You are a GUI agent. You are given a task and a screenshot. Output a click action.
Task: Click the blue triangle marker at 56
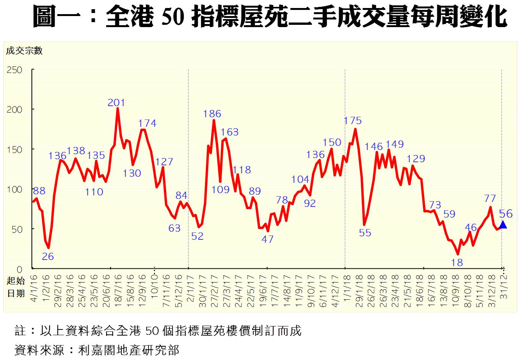(503, 224)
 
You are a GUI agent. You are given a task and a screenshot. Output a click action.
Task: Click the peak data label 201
(116, 103)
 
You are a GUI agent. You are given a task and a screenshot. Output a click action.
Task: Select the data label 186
(212, 114)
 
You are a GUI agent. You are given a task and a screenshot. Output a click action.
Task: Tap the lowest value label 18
(457, 263)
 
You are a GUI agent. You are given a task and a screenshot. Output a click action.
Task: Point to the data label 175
(352, 121)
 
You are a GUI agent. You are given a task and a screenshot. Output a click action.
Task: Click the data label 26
(48, 257)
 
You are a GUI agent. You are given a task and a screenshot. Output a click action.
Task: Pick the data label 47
(267, 239)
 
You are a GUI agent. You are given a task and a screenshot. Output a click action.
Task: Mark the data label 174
(147, 123)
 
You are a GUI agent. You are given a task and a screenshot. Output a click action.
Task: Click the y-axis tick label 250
(15, 70)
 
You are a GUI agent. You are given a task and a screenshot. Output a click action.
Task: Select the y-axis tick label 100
(15, 189)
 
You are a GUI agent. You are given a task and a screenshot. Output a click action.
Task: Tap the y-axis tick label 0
(19, 269)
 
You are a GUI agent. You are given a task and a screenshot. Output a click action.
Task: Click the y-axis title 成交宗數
(24, 51)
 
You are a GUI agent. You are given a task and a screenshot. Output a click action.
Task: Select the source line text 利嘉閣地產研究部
(128, 350)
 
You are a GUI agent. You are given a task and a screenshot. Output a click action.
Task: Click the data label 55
(365, 233)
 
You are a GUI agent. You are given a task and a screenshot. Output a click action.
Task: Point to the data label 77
(490, 199)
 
